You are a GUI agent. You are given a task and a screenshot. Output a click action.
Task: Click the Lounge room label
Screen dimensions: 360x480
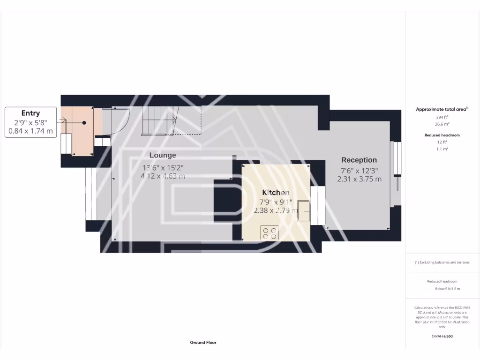pyautogui.click(x=163, y=155)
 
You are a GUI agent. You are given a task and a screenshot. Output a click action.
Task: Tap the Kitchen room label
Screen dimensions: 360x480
pyautogui.click(x=276, y=192)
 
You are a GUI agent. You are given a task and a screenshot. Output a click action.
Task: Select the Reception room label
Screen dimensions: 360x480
pyautogui.click(x=359, y=160)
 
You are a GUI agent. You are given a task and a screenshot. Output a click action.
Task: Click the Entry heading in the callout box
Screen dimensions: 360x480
pyautogui.click(x=31, y=113)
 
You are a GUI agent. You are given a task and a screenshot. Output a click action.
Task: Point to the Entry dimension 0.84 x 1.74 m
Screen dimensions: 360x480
pyautogui.click(x=31, y=132)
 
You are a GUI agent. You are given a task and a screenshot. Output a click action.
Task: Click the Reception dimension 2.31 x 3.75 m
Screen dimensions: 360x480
pyautogui.click(x=359, y=179)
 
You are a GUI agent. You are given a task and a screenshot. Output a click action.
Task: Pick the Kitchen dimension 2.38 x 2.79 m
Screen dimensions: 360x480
pyautogui.click(x=276, y=210)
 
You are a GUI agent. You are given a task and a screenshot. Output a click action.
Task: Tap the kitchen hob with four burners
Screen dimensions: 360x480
pyautogui.click(x=270, y=233)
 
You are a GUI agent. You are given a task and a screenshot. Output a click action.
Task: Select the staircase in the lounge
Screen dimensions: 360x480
pyautogui.click(x=158, y=120)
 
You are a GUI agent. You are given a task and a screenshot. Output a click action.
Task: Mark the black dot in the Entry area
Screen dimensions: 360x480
pyautogui.click(x=84, y=123)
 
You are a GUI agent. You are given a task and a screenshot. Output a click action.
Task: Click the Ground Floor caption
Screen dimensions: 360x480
pyautogui.click(x=203, y=343)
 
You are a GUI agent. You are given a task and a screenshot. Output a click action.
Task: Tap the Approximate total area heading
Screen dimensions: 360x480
pyautogui.click(x=442, y=109)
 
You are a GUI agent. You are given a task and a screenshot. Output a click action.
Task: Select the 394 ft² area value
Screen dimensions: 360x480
pyautogui.click(x=442, y=117)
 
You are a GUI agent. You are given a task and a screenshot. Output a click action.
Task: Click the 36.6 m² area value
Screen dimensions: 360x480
pyautogui.click(x=442, y=124)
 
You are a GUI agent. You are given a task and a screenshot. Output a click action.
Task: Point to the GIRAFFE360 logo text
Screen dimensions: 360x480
pyautogui.click(x=442, y=336)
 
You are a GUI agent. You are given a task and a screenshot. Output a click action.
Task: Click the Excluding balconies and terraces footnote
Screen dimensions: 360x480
pyautogui.click(x=442, y=262)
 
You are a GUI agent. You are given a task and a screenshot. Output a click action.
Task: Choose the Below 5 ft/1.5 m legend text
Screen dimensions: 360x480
pyautogui.click(x=448, y=289)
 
